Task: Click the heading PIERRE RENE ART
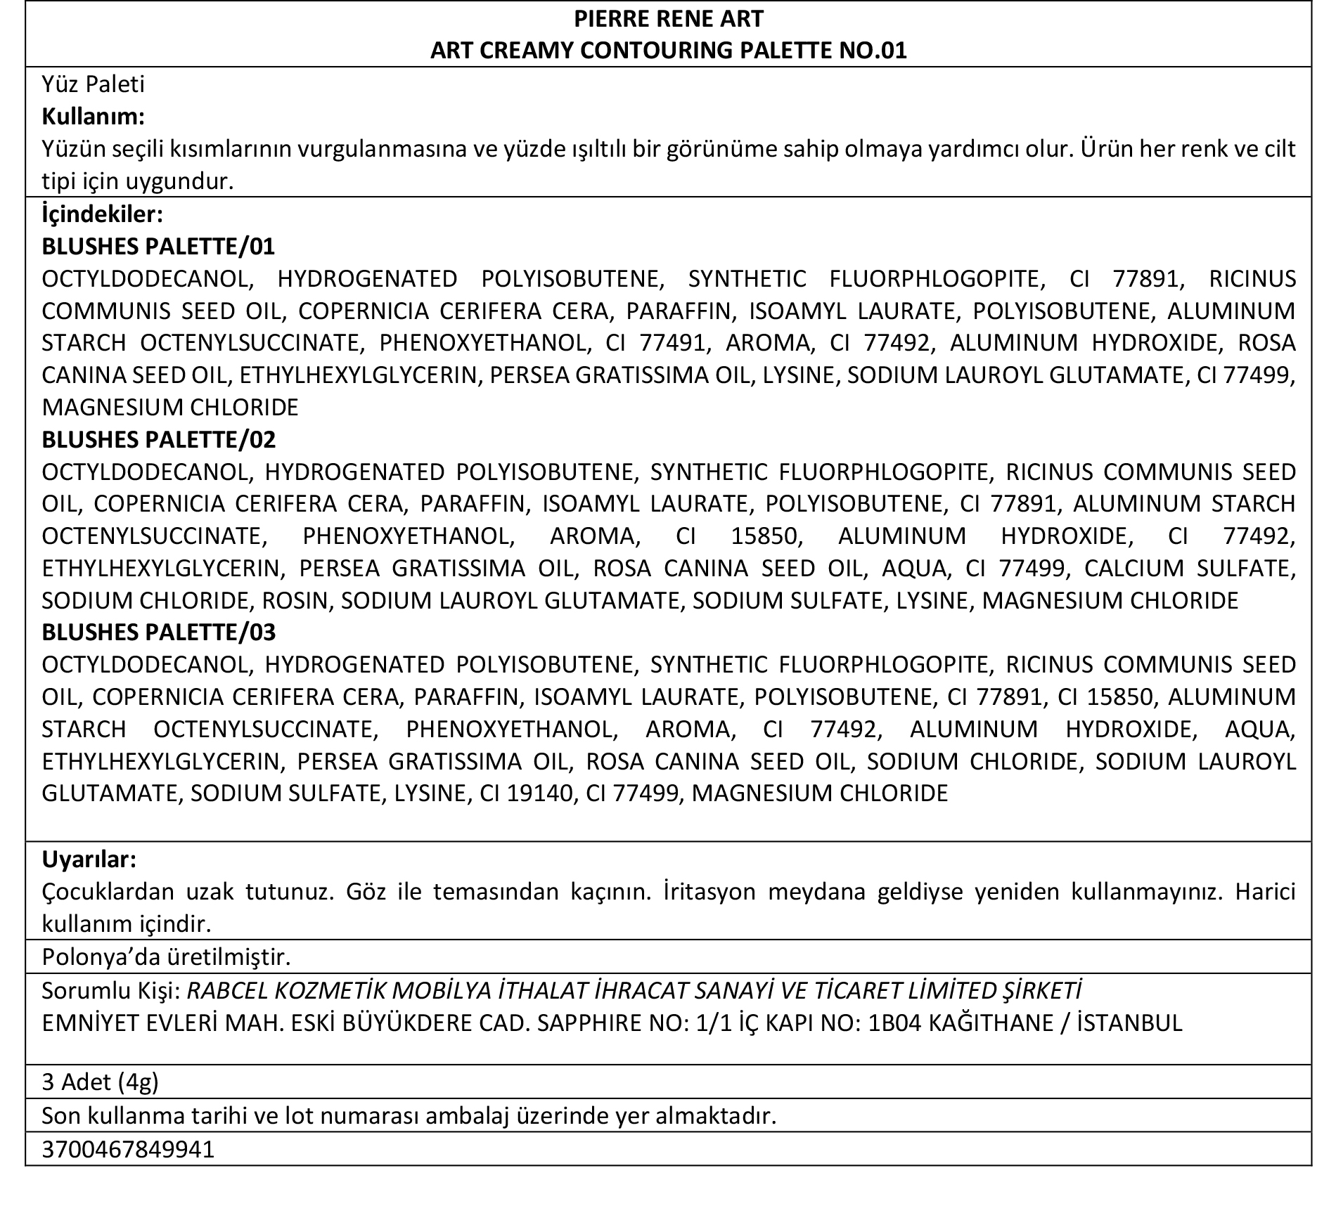click(668, 19)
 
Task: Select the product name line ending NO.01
click(668, 51)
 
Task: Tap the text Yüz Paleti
click(93, 84)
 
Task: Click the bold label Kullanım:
click(93, 117)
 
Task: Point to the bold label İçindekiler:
click(103, 214)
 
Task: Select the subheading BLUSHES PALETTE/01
click(158, 246)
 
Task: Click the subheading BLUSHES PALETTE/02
click(158, 439)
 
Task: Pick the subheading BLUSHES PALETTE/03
click(158, 632)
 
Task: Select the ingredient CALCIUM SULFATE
click(1190, 568)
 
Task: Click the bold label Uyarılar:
click(89, 859)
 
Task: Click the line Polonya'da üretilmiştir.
click(166, 956)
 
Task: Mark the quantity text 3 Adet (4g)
click(100, 1082)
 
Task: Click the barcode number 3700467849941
click(128, 1150)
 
